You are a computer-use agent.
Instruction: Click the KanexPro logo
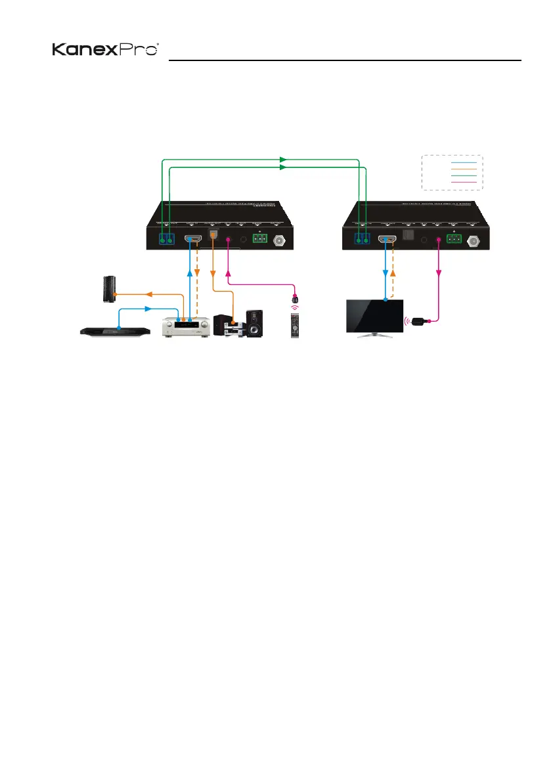pos(106,51)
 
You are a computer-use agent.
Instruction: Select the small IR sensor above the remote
pos(294,290)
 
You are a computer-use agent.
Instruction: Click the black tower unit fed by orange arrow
pos(106,290)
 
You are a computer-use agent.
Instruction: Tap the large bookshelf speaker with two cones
pos(253,323)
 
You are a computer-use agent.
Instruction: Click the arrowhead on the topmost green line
pos(283,159)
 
